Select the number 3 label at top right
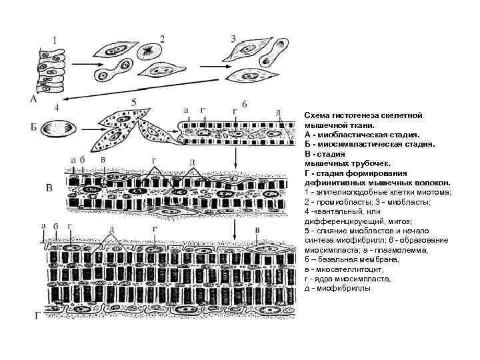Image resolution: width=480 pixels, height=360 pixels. click(x=233, y=37)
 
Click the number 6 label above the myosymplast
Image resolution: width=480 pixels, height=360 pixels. click(x=245, y=105)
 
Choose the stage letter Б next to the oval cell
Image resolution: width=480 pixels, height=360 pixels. click(x=33, y=127)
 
